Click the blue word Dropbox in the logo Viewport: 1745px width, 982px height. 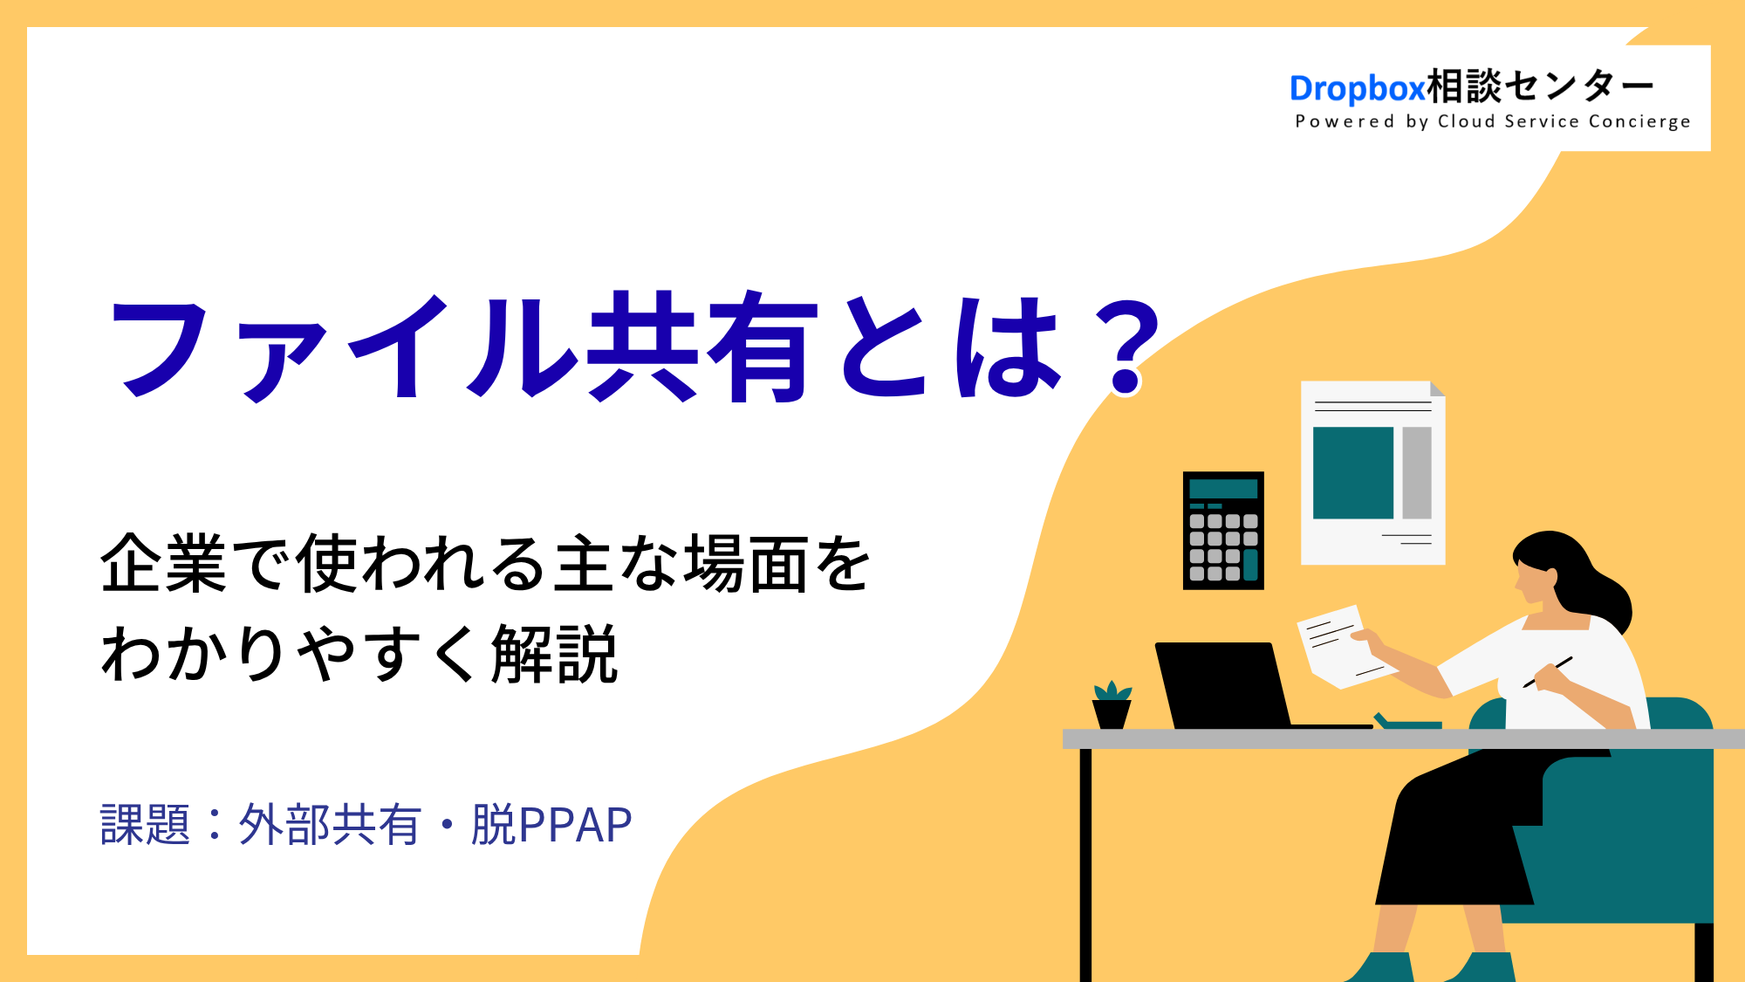click(x=1357, y=88)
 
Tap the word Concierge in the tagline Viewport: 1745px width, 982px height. click(x=1639, y=121)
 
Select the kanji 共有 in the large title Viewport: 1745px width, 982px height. click(x=702, y=347)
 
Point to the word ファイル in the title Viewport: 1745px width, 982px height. click(x=343, y=347)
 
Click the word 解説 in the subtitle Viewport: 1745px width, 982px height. click(x=555, y=654)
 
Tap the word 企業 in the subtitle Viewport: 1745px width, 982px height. click(x=164, y=564)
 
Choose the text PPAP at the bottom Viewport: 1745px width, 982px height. click(x=575, y=825)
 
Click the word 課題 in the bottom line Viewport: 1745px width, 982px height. click(x=145, y=825)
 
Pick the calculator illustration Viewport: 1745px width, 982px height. click(x=1223, y=531)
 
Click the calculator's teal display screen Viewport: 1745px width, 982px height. click(x=1223, y=489)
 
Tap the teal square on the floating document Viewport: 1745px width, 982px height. click(x=1353, y=473)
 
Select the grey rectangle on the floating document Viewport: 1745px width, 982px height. click(x=1417, y=473)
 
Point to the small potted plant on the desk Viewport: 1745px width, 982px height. click(x=1112, y=704)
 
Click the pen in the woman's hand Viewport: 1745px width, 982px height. click(x=1548, y=672)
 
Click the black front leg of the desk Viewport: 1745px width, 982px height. click(x=1085, y=865)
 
